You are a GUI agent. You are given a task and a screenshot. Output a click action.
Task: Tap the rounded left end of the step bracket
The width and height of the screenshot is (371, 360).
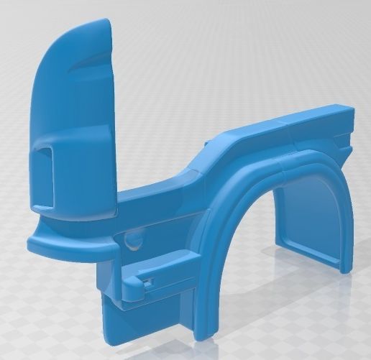point(132,290)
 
